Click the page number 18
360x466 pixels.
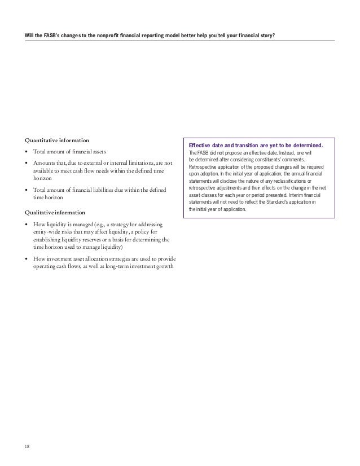pos(27,447)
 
